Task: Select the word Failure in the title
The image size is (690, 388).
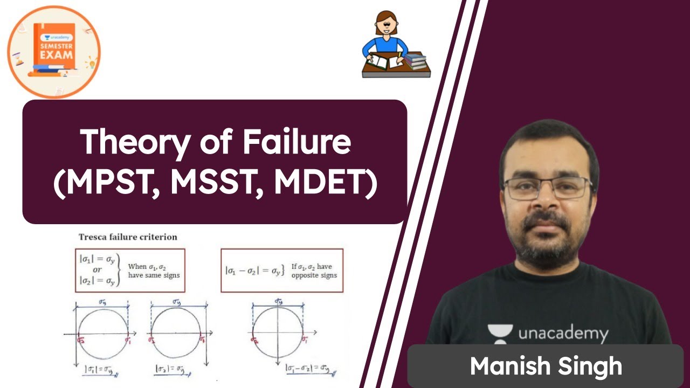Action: click(x=296, y=142)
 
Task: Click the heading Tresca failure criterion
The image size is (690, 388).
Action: click(x=128, y=237)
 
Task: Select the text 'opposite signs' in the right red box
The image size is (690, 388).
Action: click(x=314, y=275)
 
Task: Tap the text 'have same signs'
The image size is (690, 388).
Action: click(x=154, y=275)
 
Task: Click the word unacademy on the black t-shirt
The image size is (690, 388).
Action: click(x=563, y=334)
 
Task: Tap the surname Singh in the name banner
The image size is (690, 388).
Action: click(x=591, y=366)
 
